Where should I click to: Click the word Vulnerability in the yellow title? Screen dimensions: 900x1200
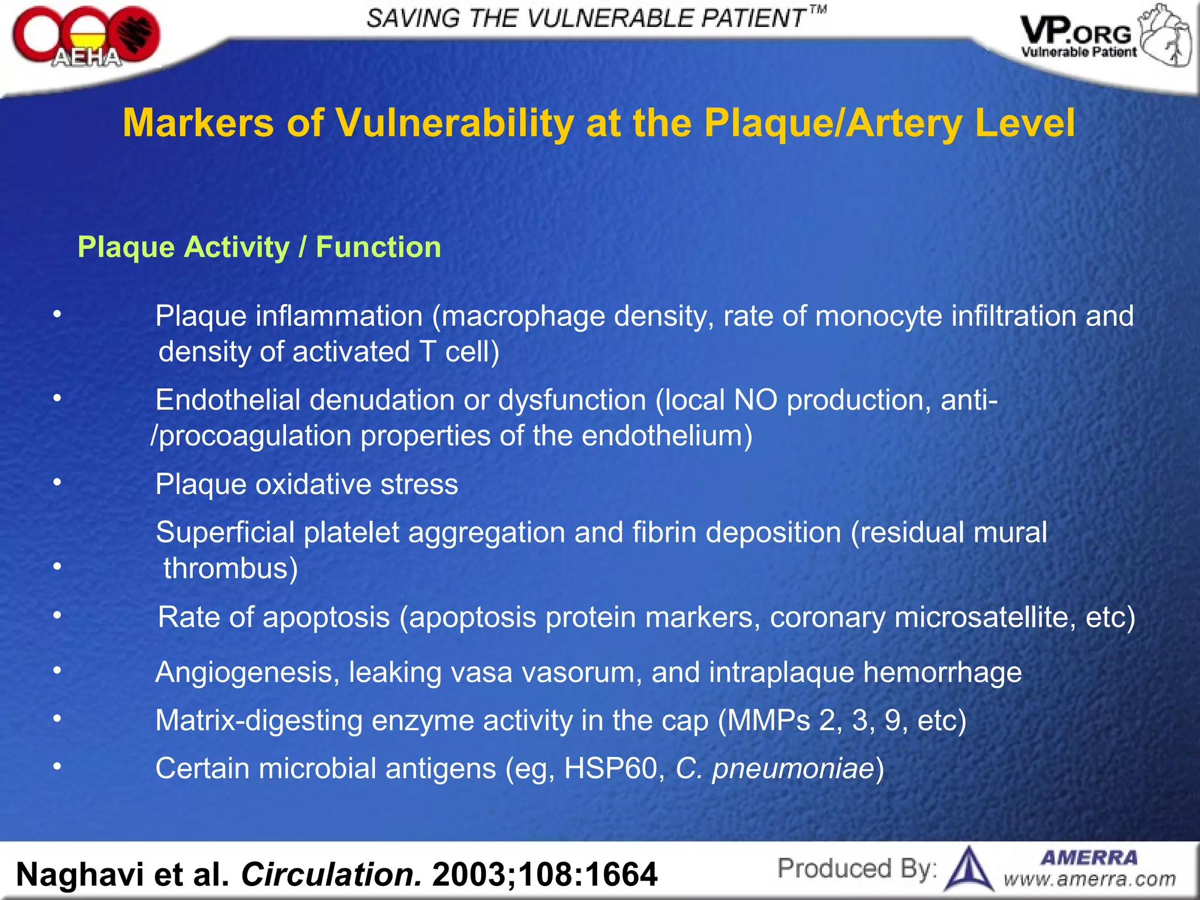454,123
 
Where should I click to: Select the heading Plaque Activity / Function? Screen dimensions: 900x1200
259,247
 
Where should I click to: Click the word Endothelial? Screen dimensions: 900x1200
228,400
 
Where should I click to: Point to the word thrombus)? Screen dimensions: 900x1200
230,568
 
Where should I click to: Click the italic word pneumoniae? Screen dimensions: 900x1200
793,769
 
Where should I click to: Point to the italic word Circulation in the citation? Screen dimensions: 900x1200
331,875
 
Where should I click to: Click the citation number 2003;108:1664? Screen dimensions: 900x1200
545,875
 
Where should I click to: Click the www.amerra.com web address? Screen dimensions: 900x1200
1090,879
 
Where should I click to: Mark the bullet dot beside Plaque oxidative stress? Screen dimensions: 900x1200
57,482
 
